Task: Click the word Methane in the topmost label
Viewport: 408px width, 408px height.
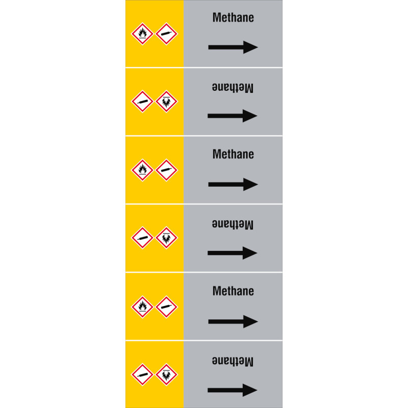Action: coord(233,18)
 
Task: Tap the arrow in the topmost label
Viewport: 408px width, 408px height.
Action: coord(233,47)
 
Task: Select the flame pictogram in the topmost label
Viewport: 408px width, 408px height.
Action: coord(142,34)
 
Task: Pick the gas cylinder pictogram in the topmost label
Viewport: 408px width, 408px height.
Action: coord(167,34)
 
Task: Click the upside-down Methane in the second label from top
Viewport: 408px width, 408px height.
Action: coord(233,87)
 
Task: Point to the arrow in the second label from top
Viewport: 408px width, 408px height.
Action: coord(233,116)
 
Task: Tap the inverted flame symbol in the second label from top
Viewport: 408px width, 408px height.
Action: coord(167,101)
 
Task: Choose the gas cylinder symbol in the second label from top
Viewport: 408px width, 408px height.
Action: coord(142,101)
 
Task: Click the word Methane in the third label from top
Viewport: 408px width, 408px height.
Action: coord(233,155)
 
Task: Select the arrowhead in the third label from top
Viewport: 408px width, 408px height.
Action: coord(250,185)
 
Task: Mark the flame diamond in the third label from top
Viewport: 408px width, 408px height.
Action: coord(142,170)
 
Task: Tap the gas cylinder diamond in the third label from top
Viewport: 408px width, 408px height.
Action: coord(167,170)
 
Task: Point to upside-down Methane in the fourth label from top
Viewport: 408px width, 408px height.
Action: coord(233,224)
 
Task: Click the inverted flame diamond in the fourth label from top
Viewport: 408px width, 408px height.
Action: coord(167,238)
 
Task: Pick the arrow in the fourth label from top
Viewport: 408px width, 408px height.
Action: coord(233,253)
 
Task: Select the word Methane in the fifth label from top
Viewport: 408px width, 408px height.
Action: coord(233,291)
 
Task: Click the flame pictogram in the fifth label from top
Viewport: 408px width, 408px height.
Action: coord(142,307)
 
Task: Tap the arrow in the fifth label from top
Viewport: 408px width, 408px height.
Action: coord(233,322)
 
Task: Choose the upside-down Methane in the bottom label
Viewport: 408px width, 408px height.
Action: coord(233,361)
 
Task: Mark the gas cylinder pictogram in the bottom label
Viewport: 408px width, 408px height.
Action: coord(142,375)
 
